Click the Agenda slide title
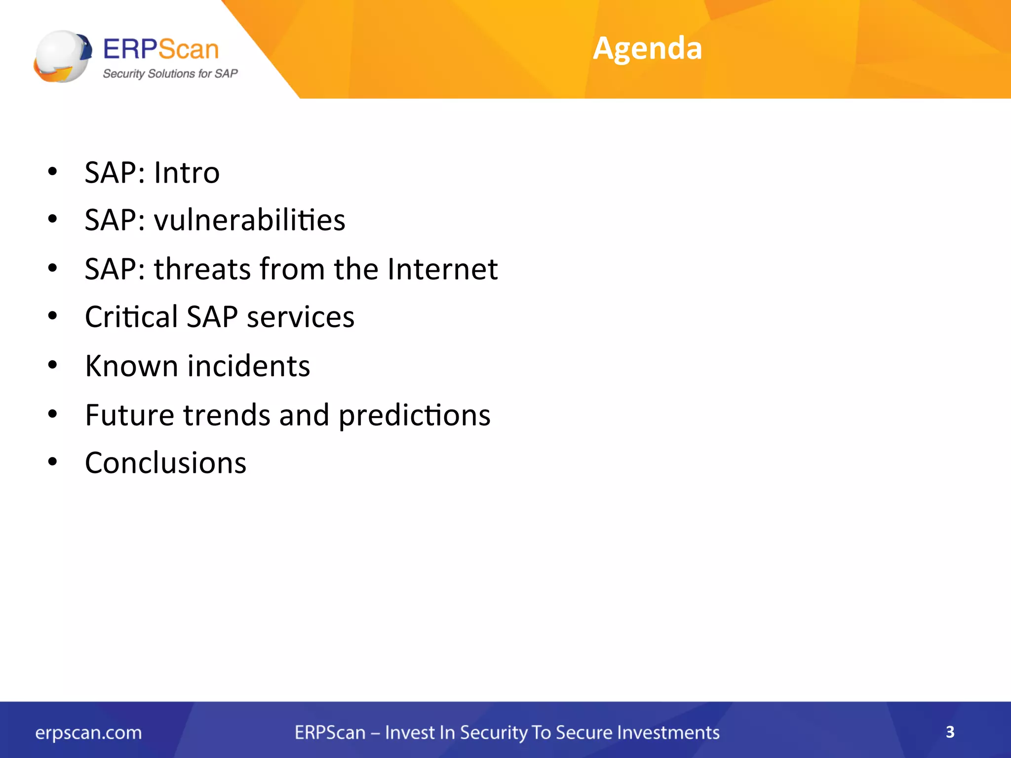point(647,48)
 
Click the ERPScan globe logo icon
point(63,56)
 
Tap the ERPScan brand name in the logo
point(161,49)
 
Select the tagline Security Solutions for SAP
point(170,74)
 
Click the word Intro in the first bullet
point(187,173)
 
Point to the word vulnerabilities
point(249,220)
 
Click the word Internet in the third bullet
point(442,269)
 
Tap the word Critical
point(131,316)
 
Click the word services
point(300,317)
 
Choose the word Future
point(129,415)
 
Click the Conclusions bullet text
point(166,463)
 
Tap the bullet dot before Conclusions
point(52,462)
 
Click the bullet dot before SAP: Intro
point(52,172)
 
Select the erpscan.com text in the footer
point(88,732)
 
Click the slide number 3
point(950,732)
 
